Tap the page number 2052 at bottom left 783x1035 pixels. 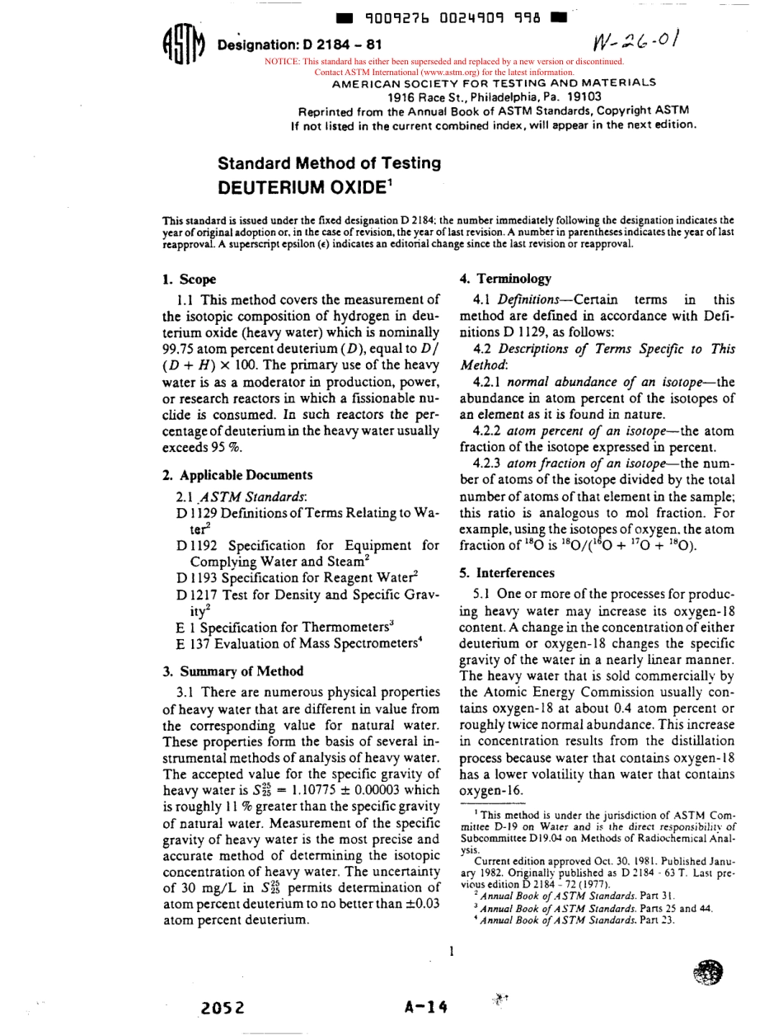(223, 1006)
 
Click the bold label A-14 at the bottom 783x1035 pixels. (425, 1006)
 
